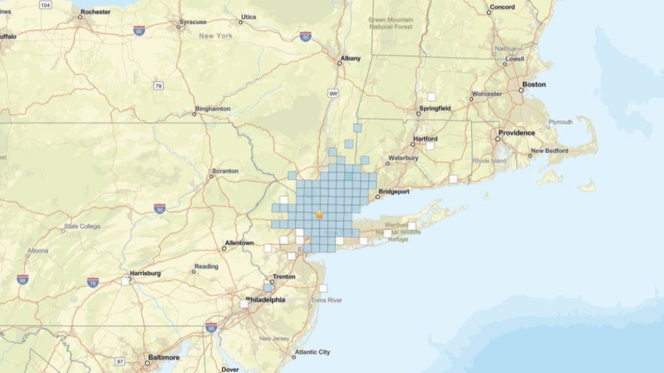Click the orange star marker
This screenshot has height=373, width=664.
(x=319, y=214)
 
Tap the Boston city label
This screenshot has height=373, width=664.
(x=533, y=85)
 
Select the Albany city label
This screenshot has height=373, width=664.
(x=351, y=58)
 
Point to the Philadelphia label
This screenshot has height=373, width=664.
(x=265, y=300)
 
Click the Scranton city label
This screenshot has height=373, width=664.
(x=225, y=171)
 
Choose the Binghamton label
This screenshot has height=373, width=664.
(x=212, y=109)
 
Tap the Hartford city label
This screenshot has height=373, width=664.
(x=425, y=139)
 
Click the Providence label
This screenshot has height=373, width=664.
(x=516, y=133)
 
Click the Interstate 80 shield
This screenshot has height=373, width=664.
(x=160, y=208)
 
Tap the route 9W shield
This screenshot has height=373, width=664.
(x=333, y=94)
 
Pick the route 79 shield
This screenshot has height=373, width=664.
(x=159, y=86)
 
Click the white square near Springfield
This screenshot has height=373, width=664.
(x=431, y=97)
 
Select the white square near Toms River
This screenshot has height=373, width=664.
(x=323, y=288)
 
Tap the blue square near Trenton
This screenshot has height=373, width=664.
(x=268, y=288)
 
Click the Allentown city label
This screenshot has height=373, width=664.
(x=238, y=243)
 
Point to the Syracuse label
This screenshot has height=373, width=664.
(x=193, y=22)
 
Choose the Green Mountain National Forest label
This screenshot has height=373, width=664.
(x=391, y=23)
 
